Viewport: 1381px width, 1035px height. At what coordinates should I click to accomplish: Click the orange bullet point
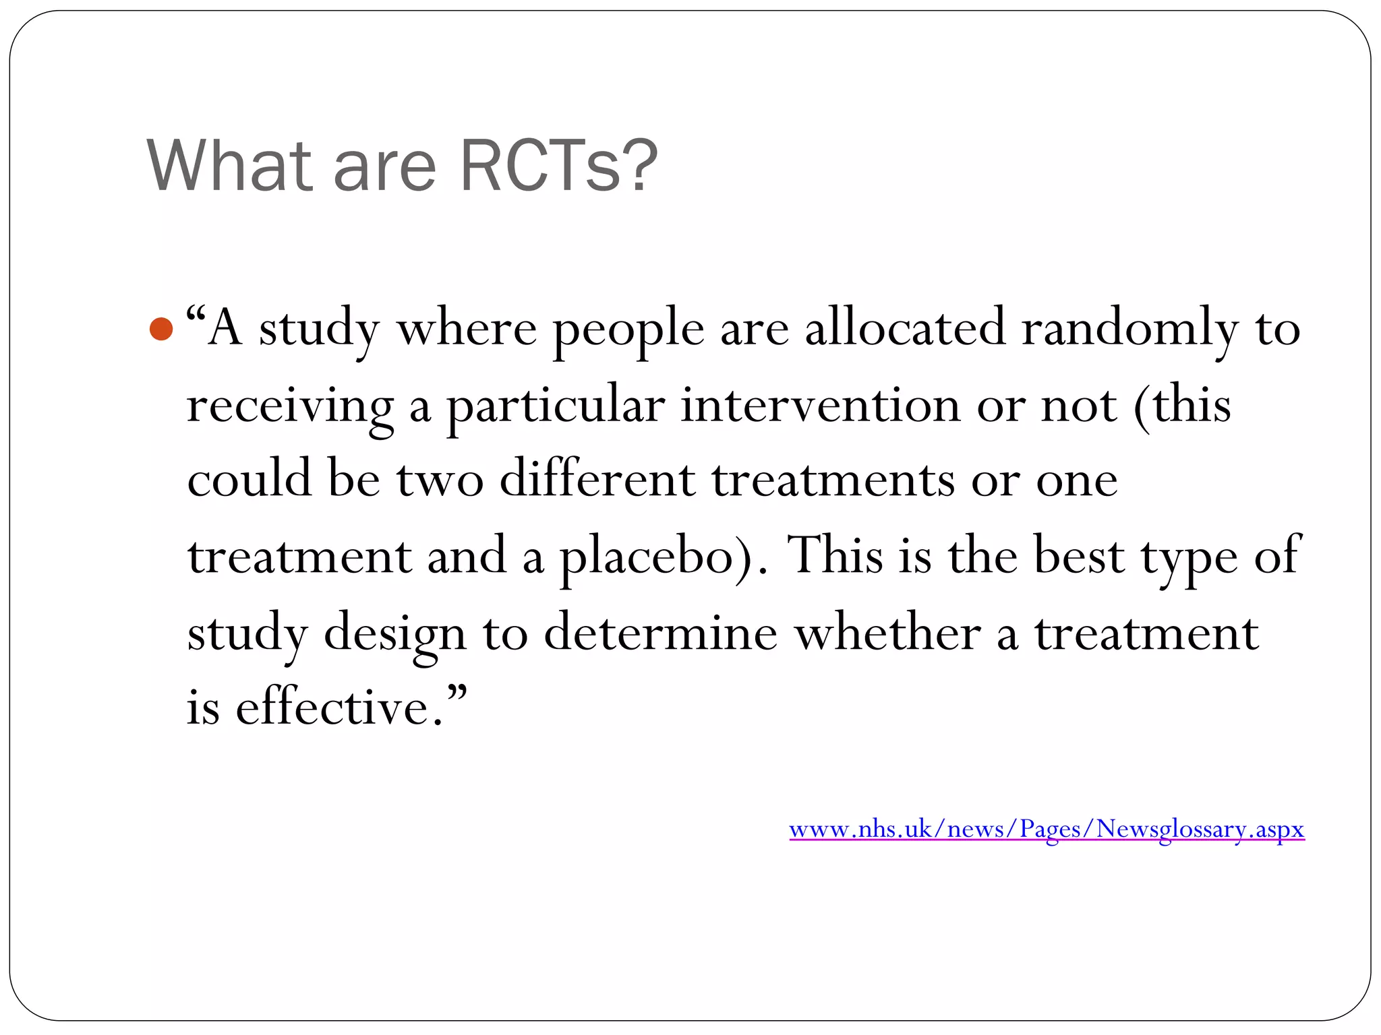pos(161,330)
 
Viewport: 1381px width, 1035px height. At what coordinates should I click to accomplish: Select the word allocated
pos(905,328)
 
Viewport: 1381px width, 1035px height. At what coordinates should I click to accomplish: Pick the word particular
pos(556,406)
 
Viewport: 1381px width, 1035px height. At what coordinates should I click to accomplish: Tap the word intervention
pos(820,405)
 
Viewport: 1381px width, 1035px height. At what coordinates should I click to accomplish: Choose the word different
pos(597,480)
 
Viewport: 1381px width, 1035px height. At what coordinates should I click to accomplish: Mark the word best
pos(1079,556)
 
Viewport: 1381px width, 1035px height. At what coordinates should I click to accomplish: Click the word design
pos(395,633)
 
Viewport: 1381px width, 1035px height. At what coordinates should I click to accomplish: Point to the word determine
pos(661,633)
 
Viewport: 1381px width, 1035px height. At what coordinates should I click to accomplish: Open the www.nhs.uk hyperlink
pos(1047,829)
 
